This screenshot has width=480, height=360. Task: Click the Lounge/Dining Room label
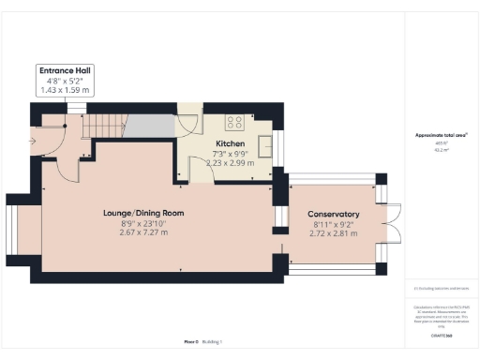pos(143,213)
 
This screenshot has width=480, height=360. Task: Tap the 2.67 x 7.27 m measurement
pos(143,232)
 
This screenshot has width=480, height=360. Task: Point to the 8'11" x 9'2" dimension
pos(335,223)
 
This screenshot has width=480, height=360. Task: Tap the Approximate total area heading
pos(442,135)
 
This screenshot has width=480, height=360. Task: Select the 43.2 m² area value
pos(441,148)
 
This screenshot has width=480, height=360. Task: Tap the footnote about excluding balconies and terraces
pos(442,289)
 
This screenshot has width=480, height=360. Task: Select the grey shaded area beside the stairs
pos(148,126)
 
